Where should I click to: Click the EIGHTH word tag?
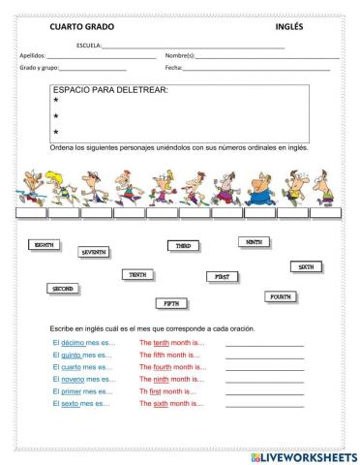point(45,246)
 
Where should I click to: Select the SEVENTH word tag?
point(94,252)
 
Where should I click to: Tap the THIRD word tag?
point(182,246)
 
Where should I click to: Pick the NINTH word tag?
point(254,241)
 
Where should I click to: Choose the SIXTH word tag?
point(306,266)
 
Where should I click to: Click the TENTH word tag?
point(137,275)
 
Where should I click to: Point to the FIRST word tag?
point(222,276)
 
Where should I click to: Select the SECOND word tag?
point(63,289)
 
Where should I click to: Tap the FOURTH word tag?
point(280,296)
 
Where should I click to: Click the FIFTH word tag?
point(170,303)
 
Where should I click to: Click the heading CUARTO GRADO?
point(82,27)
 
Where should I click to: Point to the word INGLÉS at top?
point(289,27)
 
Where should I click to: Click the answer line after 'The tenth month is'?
point(264,345)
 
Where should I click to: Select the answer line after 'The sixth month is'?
point(264,405)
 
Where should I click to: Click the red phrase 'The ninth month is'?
point(173,379)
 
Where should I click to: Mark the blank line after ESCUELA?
point(194,46)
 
